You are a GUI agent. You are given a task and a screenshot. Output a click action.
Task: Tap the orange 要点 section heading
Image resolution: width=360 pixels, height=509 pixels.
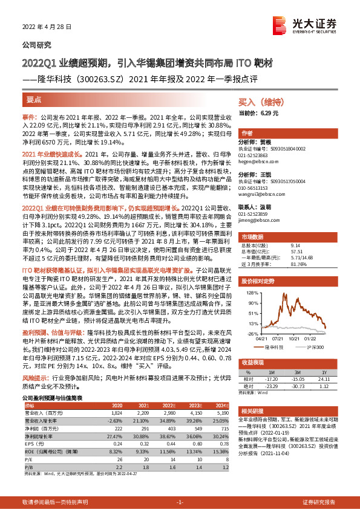34,97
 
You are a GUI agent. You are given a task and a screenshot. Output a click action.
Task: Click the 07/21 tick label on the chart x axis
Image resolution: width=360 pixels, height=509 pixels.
278,339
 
